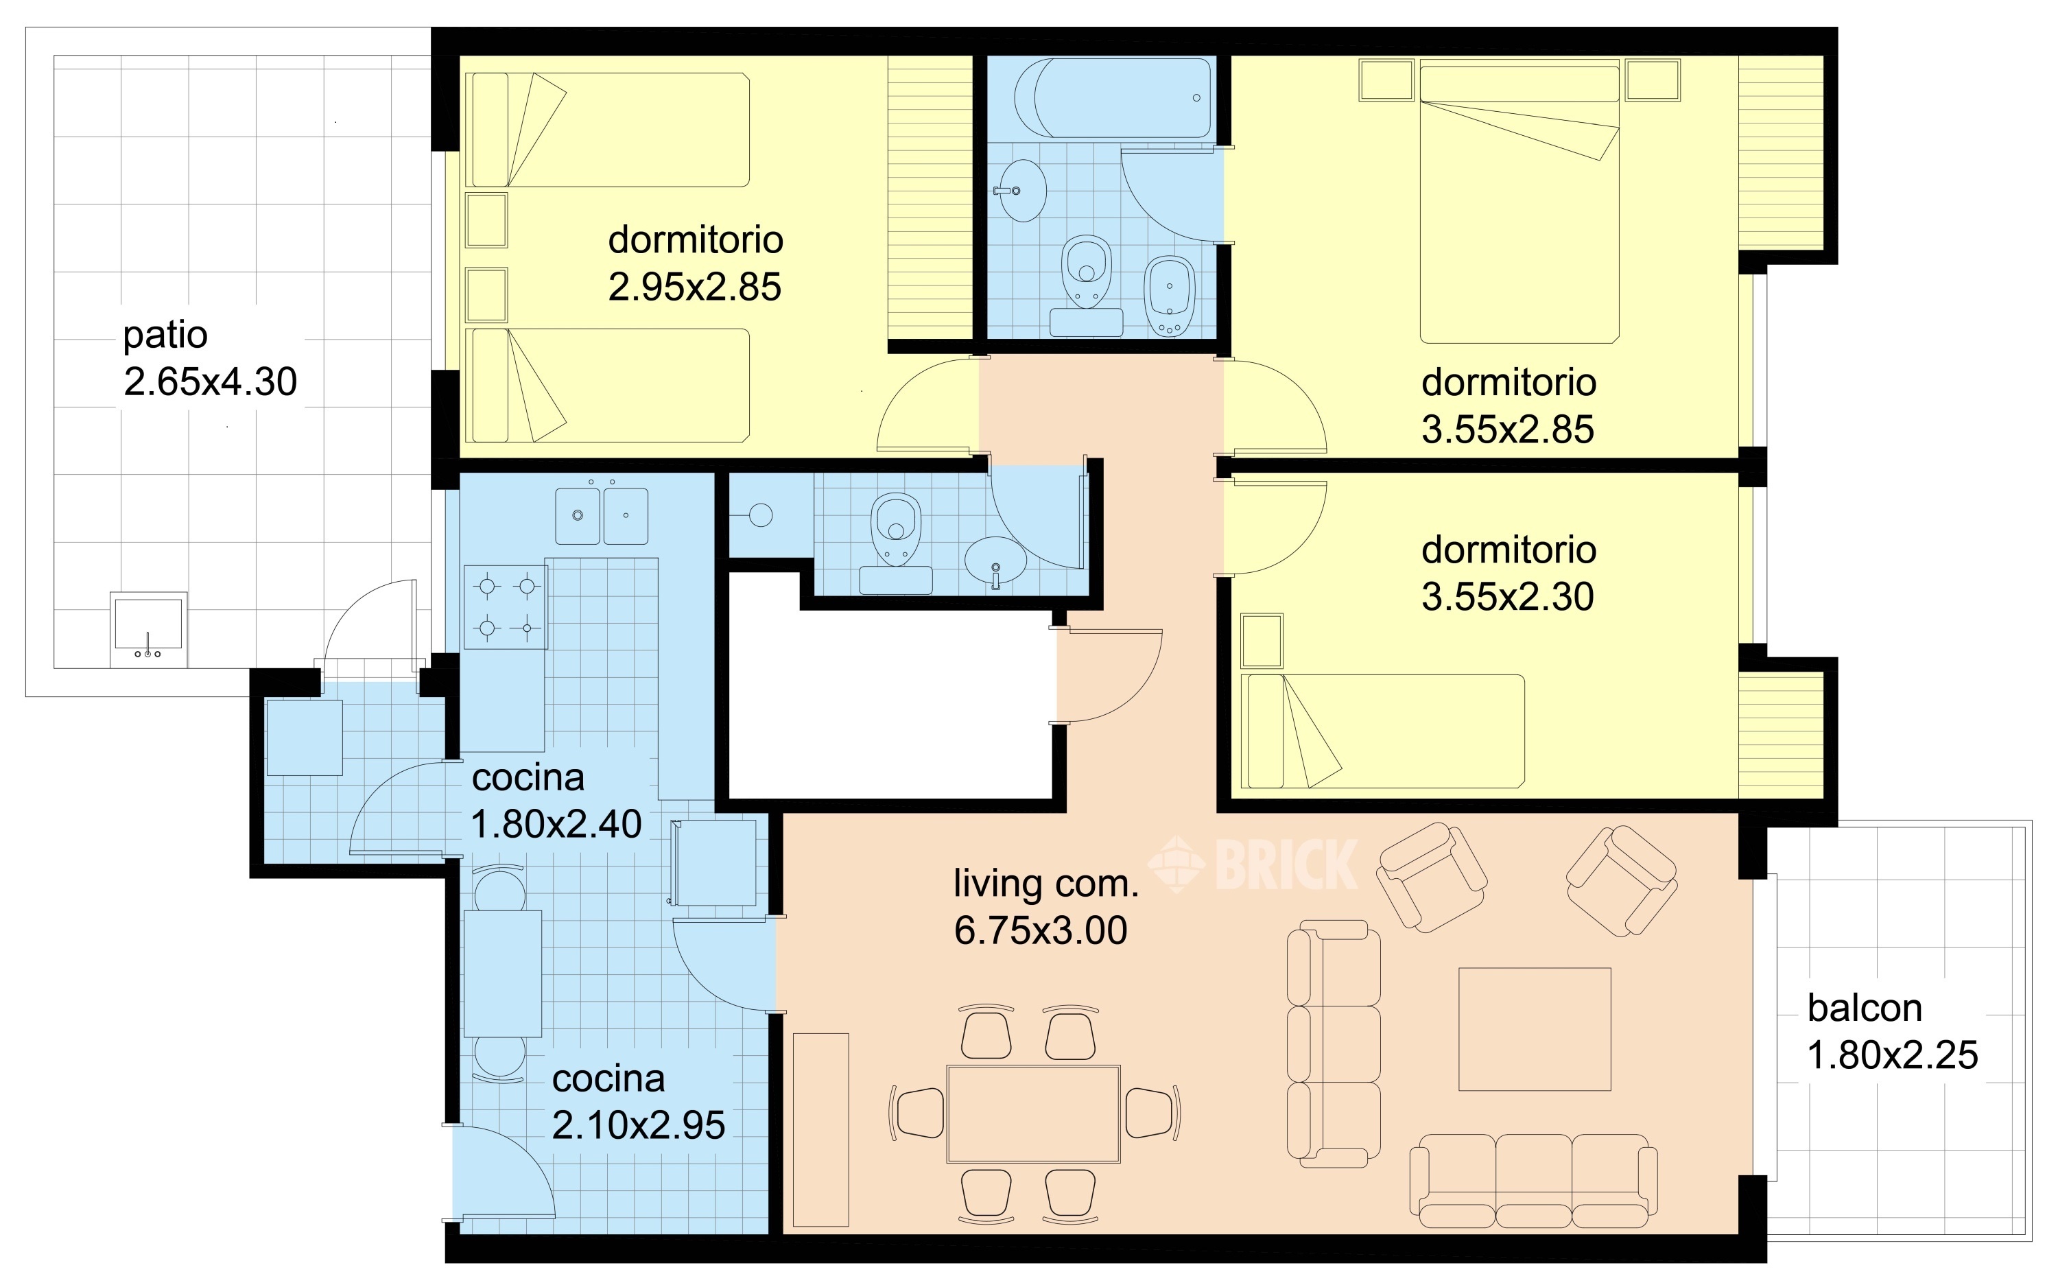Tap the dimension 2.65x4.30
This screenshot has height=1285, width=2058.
coord(211,382)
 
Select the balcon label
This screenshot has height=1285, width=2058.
coord(1865,1009)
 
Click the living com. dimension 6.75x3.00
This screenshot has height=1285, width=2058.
coord(1041,930)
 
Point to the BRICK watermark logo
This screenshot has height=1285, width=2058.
coord(1253,864)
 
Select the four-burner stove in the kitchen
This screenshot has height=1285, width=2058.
coord(506,606)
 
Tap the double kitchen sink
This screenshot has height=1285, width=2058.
coord(602,515)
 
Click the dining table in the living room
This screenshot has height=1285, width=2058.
coord(1033,1113)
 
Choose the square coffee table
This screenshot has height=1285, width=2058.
coord(1535,1029)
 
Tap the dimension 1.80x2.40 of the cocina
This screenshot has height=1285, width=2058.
coord(556,825)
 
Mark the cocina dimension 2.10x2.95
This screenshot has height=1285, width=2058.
coord(639,1126)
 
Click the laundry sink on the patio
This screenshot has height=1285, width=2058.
coord(149,630)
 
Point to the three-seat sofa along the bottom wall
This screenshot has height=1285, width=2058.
coord(1534,1181)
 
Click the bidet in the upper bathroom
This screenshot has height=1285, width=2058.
coord(1170,296)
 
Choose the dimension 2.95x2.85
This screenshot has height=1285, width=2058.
coord(695,288)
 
